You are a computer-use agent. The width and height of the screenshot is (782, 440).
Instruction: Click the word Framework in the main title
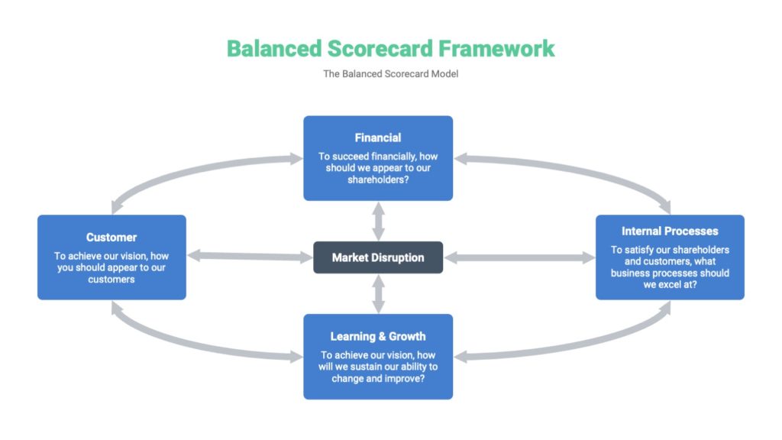[x=496, y=48]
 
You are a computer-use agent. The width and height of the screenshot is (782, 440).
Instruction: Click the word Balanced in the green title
[x=264, y=48]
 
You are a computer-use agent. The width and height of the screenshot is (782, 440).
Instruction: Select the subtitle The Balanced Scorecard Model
[x=390, y=74]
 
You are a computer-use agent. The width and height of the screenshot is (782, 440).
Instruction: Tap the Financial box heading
[x=377, y=138]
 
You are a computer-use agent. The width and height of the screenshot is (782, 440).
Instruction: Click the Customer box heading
[x=111, y=238]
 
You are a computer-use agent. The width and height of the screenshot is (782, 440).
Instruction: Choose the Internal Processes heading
[x=670, y=231]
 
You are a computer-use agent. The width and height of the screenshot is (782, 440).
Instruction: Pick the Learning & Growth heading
[x=377, y=336]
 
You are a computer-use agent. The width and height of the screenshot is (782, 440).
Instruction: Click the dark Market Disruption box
[x=377, y=257]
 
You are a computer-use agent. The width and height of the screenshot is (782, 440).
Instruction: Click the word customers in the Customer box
[x=111, y=280]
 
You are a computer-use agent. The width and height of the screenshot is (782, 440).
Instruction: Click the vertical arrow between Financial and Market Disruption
[x=377, y=221]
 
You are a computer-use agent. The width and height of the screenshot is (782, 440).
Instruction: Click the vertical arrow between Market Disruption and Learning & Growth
[x=377, y=293]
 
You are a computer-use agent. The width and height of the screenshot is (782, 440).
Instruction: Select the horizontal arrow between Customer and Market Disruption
[x=250, y=257]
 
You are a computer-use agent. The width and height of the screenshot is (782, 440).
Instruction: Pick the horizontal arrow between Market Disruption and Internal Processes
[x=519, y=258]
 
